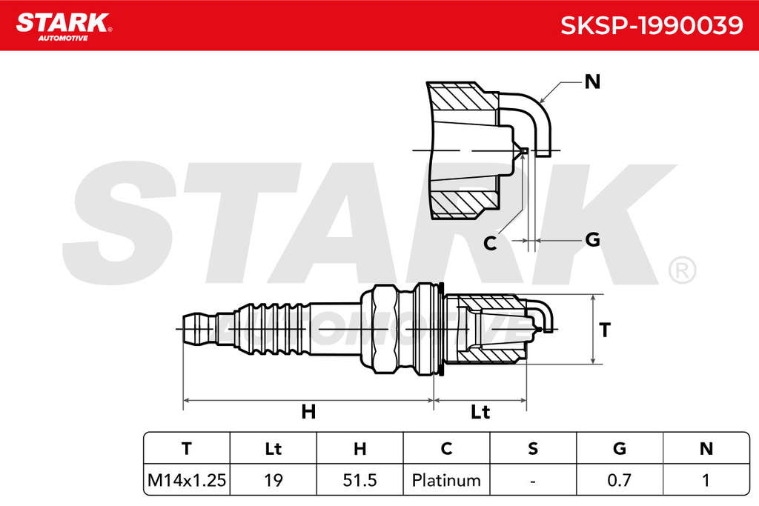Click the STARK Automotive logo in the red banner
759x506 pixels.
click(x=64, y=27)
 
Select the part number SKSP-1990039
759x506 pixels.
click(x=652, y=25)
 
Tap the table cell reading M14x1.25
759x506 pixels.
click(x=187, y=480)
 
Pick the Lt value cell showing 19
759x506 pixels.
click(x=273, y=480)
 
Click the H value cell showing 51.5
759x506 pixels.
click(x=359, y=480)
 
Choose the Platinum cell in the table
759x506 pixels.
click(x=446, y=480)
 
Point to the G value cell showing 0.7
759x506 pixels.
click(x=619, y=480)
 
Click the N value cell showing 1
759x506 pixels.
click(x=706, y=480)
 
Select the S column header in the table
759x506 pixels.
click(x=533, y=448)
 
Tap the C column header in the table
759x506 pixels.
click(x=446, y=448)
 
